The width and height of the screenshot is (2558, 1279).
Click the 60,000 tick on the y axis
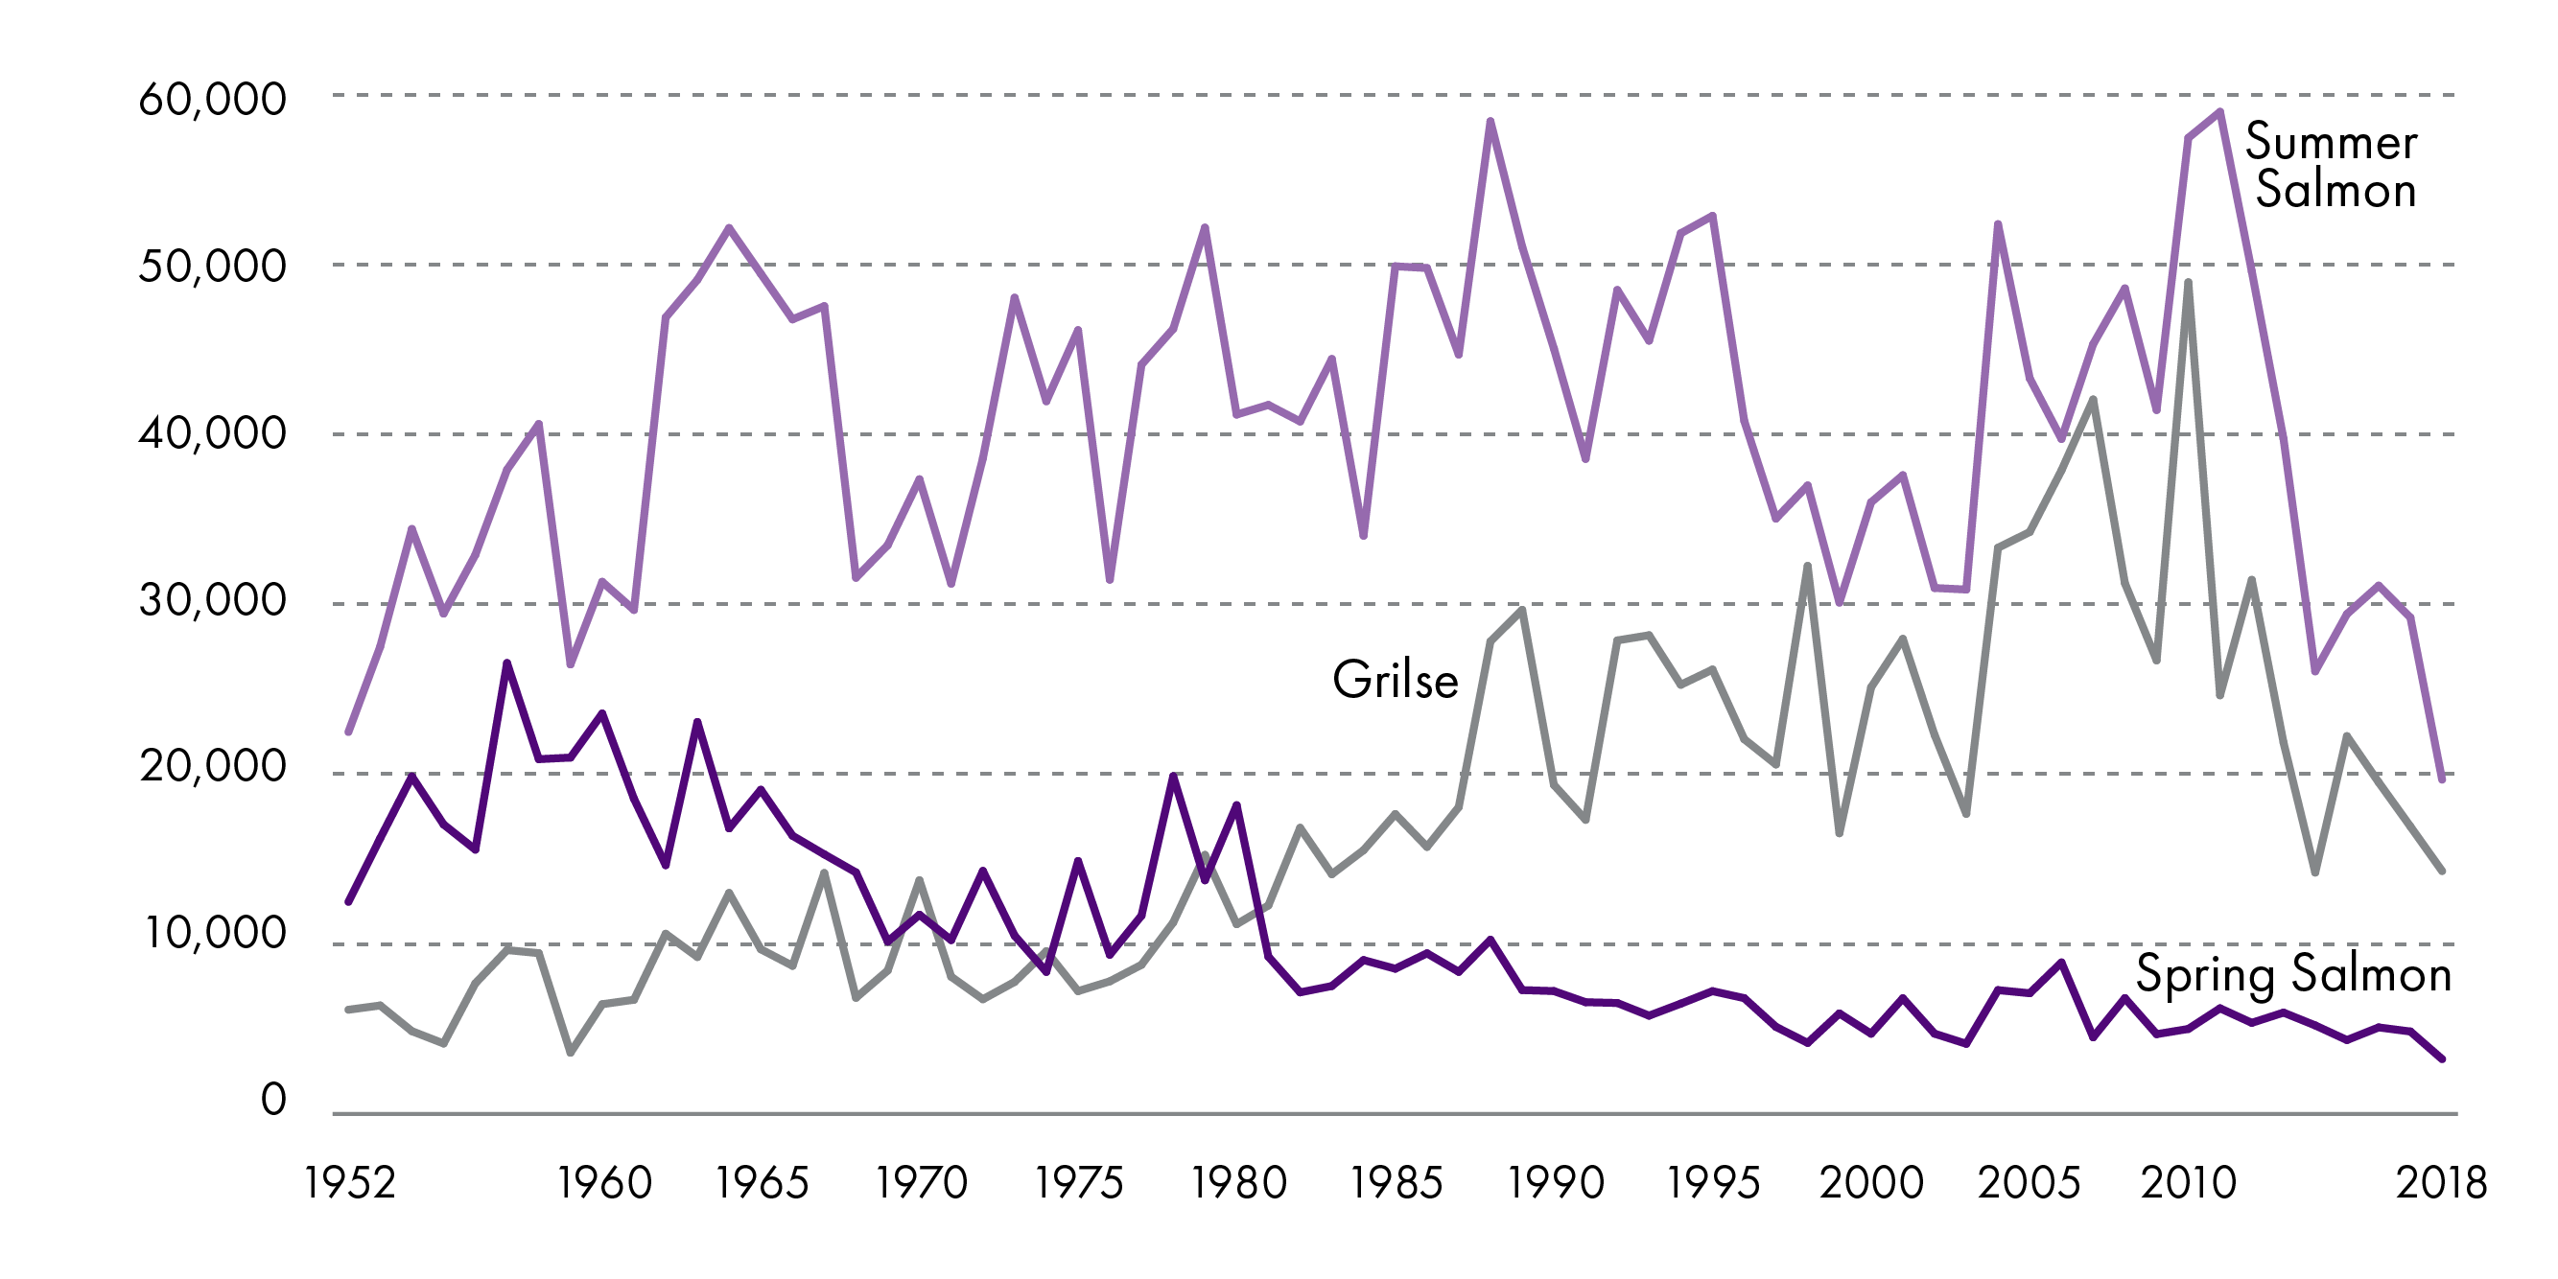[213, 100]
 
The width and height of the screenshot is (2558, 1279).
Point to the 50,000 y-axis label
[213, 267]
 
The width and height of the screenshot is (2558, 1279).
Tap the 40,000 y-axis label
[213, 433]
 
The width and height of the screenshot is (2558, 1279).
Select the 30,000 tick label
[213, 600]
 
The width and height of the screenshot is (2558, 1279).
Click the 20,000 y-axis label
[213, 767]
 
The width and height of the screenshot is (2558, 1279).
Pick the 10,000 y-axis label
[215, 934]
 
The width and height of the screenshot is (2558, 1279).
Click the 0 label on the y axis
[273, 1101]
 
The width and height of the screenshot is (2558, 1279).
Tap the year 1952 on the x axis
[349, 1183]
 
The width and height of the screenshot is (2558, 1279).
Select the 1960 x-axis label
[603, 1183]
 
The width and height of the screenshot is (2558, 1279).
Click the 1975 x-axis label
[1079, 1183]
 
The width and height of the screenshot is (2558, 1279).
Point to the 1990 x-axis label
[1555, 1183]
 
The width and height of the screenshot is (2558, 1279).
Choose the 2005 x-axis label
[2029, 1183]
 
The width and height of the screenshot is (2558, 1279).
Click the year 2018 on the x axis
[2441, 1183]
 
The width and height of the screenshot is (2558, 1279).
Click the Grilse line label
[1396, 681]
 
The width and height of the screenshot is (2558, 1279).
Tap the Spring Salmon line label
[2294, 974]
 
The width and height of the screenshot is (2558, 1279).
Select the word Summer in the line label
[2331, 142]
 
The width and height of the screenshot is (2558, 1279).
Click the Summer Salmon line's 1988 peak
[1490, 122]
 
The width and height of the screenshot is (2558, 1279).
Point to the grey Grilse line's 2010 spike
[2188, 283]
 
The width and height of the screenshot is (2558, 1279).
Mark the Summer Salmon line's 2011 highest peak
[2219, 111]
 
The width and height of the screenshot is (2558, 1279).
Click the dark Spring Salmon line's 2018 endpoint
[2442, 1059]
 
